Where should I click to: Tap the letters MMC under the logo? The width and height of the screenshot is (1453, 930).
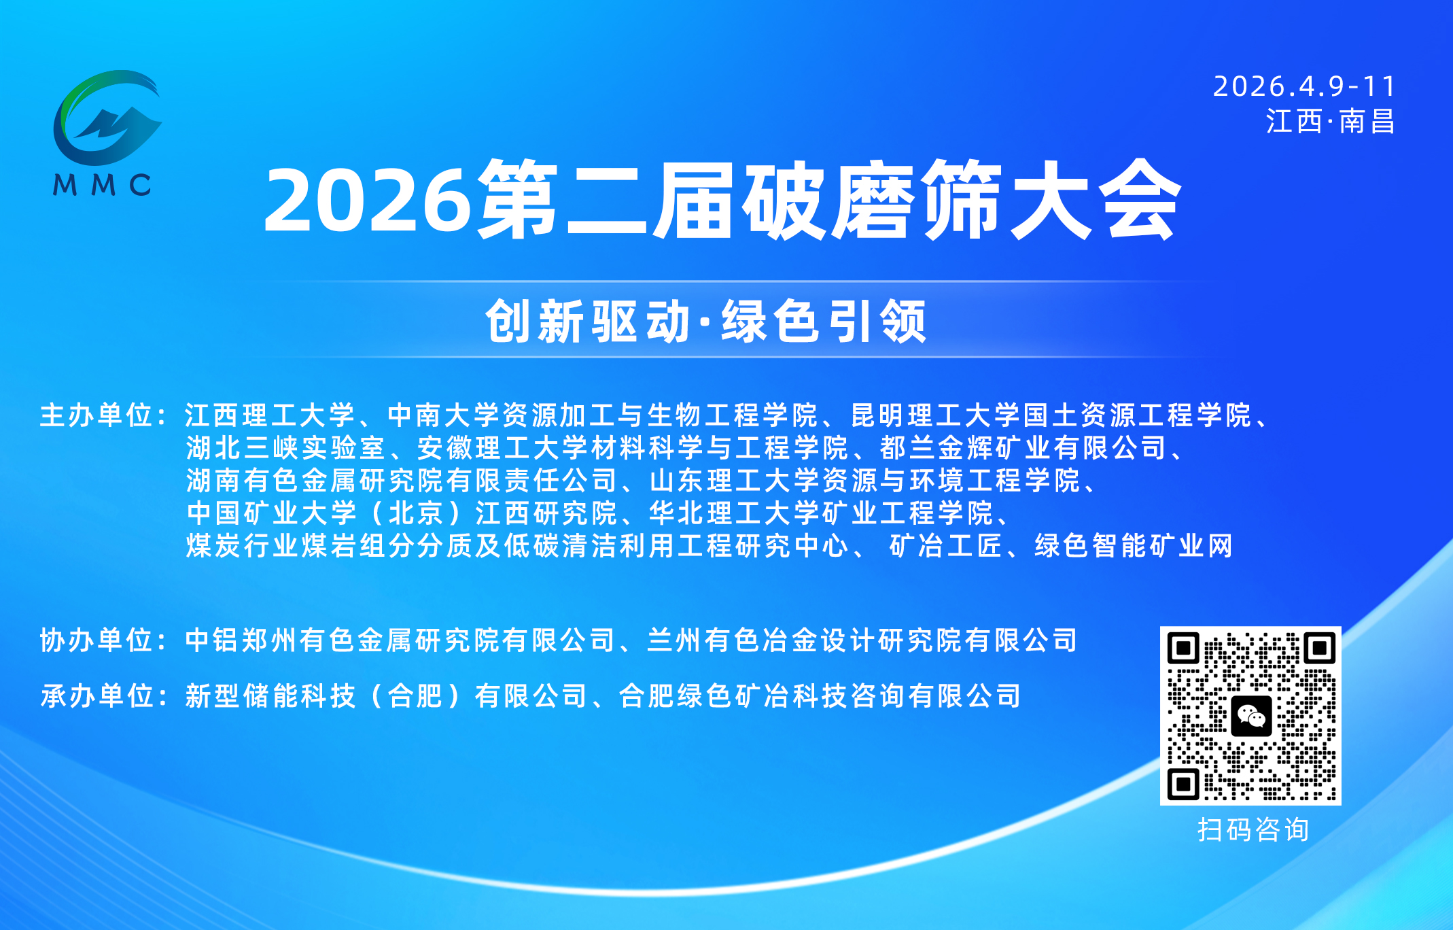pyautogui.click(x=102, y=185)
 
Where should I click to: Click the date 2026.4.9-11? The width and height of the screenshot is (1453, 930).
pyautogui.click(x=1304, y=86)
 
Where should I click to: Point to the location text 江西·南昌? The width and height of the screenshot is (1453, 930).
pyautogui.click(x=1330, y=122)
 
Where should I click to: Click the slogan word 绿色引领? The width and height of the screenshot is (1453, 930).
pyautogui.click(x=824, y=322)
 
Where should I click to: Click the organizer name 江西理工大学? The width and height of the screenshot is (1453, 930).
pyautogui.click(x=270, y=415)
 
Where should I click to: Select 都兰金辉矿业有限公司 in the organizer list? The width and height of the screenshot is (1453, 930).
pyautogui.click(x=1023, y=448)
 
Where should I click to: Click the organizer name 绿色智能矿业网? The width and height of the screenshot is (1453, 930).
pyautogui.click(x=1133, y=546)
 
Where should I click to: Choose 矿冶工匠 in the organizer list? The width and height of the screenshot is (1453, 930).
pyautogui.click(x=945, y=546)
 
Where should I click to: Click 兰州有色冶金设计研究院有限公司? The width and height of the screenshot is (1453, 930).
pyautogui.click(x=862, y=640)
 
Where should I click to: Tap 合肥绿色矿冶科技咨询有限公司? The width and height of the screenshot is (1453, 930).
pyautogui.click(x=820, y=696)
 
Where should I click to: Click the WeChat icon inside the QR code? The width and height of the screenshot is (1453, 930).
pyautogui.click(x=1250, y=716)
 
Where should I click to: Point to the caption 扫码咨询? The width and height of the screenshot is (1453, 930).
pyautogui.click(x=1253, y=830)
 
